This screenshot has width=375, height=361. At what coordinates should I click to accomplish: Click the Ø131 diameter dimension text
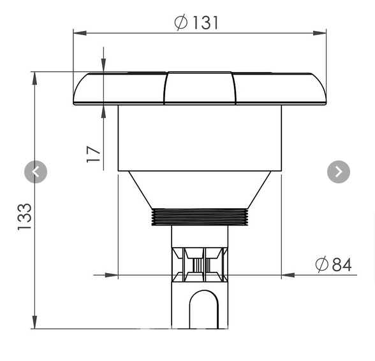tap(196, 22)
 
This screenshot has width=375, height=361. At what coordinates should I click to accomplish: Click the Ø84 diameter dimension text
tap(334, 264)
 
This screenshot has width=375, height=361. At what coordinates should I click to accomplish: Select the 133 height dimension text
tap(24, 216)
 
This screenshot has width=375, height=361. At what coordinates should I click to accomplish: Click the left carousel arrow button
tap(36, 172)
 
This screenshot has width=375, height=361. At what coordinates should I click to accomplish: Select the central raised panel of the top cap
tap(199, 88)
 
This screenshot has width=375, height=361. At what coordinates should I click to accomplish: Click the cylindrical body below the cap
tap(200, 138)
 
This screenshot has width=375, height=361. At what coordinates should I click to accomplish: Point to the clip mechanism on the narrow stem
tap(200, 265)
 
